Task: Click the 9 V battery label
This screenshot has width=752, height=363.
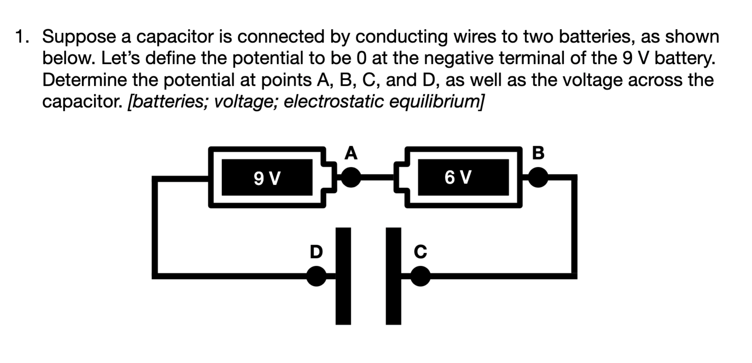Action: [x=267, y=178]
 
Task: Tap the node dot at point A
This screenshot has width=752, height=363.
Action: [x=351, y=177]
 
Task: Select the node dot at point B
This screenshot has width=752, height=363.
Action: [x=538, y=177]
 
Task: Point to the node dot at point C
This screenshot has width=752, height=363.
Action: [x=421, y=276]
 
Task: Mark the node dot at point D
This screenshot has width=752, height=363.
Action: [x=316, y=276]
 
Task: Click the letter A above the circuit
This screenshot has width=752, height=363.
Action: [x=351, y=153]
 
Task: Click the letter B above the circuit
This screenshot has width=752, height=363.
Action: [x=538, y=153]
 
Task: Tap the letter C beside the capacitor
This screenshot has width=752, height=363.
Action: [x=421, y=251]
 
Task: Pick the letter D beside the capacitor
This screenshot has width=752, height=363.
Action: [x=316, y=251]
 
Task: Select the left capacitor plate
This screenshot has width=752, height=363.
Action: [x=343, y=276]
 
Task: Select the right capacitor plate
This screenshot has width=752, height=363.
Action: [x=393, y=276]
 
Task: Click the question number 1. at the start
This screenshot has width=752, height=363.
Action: [x=22, y=37]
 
